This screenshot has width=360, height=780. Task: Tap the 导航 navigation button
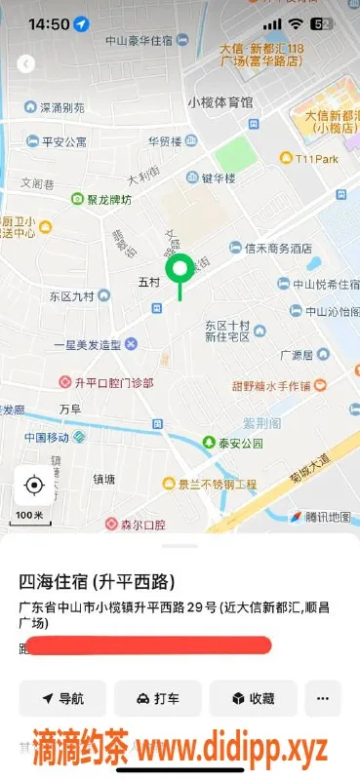pos(61,698)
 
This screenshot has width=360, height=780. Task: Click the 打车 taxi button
pos(157,698)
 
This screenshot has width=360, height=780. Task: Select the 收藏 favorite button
pos(252,698)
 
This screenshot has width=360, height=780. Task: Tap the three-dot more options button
pos(322,698)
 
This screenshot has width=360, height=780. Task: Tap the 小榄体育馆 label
pos(220,102)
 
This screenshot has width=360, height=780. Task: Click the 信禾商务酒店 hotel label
pos(269,248)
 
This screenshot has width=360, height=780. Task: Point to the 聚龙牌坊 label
pos(107,200)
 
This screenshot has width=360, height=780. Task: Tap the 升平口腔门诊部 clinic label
pos(107,382)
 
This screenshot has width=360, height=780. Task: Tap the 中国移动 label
pos(47,436)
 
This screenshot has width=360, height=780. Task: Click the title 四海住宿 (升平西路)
pos(97,582)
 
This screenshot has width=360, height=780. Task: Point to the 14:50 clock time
pos(49,22)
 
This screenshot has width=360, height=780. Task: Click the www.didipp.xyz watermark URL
pos(231,749)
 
